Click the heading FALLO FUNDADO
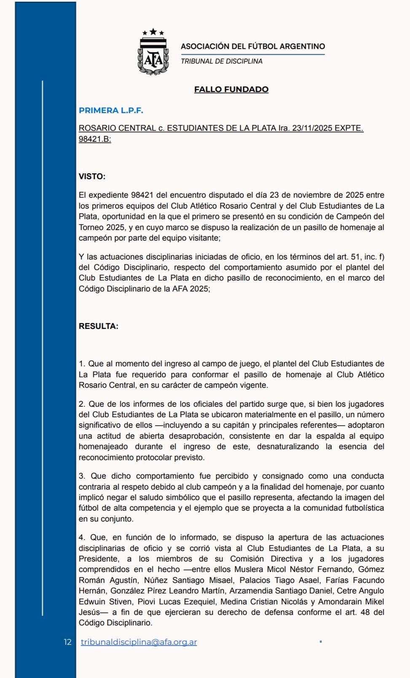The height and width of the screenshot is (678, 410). [x=231, y=89]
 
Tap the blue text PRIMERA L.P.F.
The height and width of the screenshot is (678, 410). [x=111, y=110]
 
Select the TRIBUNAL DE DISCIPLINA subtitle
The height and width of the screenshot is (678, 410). [x=221, y=61]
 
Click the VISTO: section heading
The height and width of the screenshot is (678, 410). [x=92, y=176]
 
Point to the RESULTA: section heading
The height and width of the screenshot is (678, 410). [x=98, y=326]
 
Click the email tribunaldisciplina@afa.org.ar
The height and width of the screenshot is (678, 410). [x=139, y=642]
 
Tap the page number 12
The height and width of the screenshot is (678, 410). [x=67, y=642]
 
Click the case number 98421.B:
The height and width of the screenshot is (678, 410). [x=95, y=139]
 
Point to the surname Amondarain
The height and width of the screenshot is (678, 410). [x=342, y=601]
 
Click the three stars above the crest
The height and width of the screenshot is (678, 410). [x=153, y=32]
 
